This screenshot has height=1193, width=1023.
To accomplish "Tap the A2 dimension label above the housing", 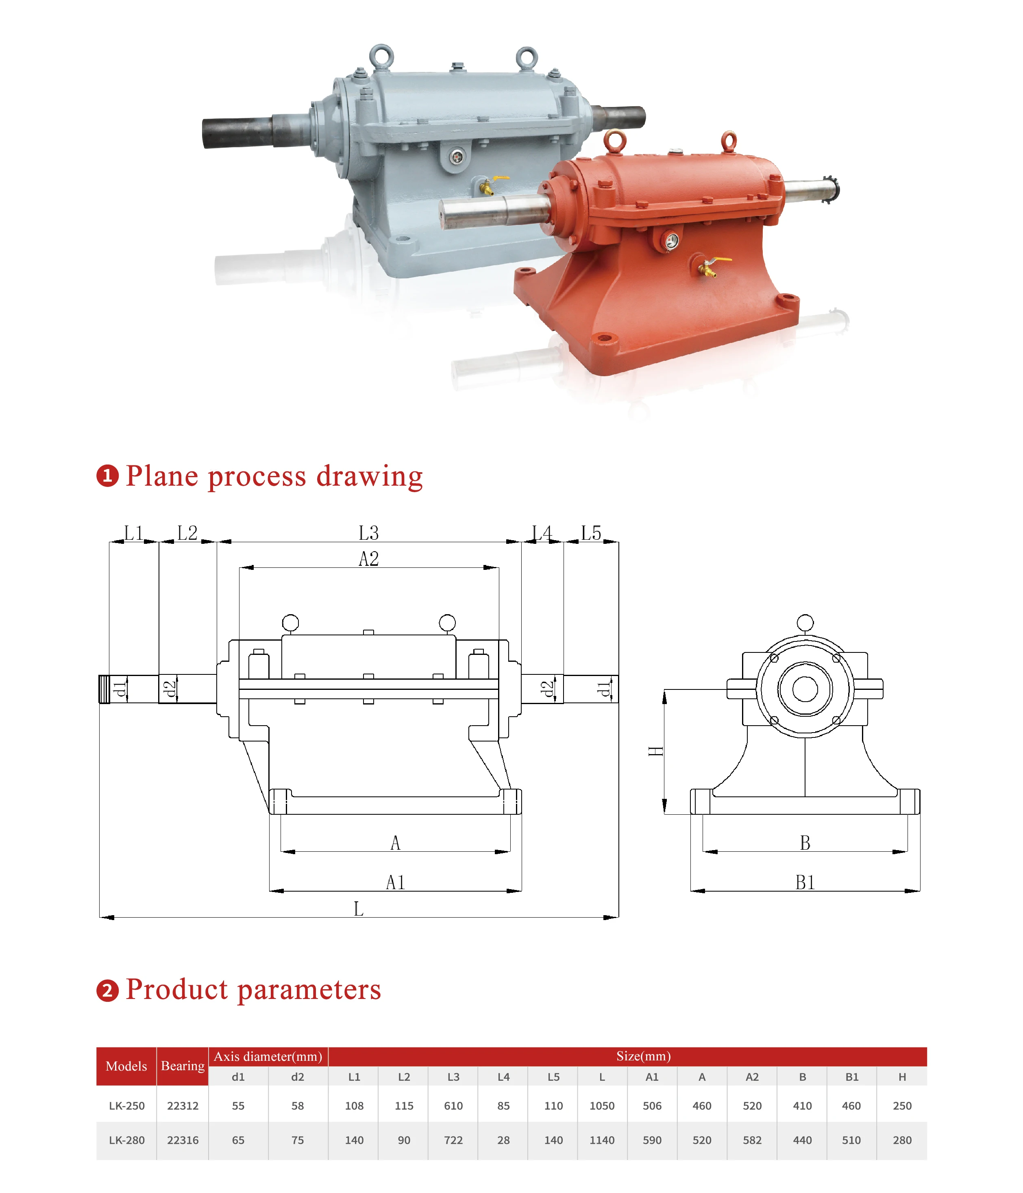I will click(x=368, y=558).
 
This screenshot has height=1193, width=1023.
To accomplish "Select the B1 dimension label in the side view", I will click(x=805, y=882).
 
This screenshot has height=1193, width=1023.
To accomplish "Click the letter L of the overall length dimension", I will click(x=358, y=909).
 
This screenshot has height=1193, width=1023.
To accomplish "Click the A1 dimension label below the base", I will click(x=395, y=882).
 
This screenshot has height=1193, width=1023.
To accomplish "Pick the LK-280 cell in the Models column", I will click(x=126, y=1140).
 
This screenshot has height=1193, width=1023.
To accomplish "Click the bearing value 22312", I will click(x=183, y=1106).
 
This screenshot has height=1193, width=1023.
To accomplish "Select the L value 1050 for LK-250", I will click(x=602, y=1106).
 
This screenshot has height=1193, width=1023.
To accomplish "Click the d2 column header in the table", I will click(x=297, y=1077).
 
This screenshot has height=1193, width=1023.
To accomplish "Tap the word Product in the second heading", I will click(x=177, y=989).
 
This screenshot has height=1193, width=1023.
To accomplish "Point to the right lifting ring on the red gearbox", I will click(x=729, y=140).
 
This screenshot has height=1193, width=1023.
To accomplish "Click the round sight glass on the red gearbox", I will click(x=670, y=241).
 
